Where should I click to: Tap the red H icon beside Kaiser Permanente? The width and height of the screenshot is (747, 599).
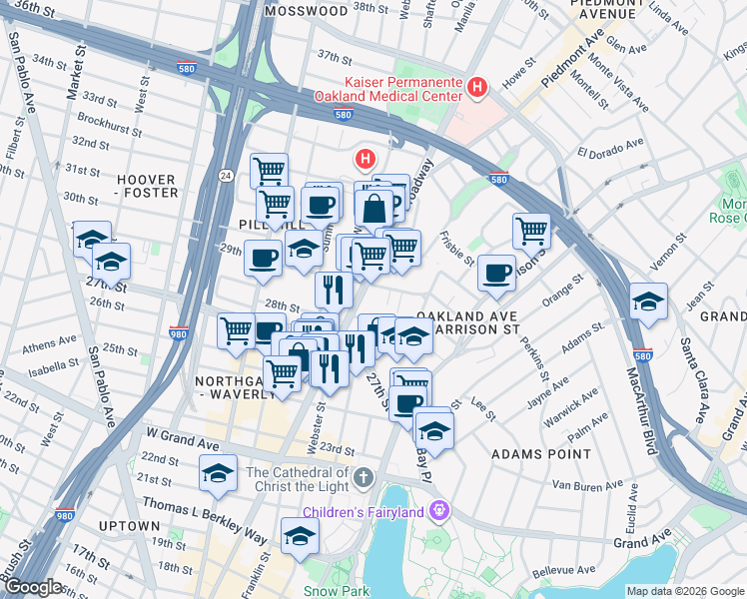tap(477, 89)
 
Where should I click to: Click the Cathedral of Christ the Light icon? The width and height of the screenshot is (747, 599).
tap(363, 478)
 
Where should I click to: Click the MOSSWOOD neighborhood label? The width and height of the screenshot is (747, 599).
tap(308, 11)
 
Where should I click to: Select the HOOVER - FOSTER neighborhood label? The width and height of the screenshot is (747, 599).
tap(147, 186)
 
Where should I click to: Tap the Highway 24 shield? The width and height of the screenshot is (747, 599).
tap(227, 175)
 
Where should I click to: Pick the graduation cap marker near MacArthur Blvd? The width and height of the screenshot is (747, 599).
tap(648, 303)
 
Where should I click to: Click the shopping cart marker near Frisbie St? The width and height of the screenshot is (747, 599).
tap(531, 231)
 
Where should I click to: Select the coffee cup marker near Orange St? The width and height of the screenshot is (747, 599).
tap(496, 273)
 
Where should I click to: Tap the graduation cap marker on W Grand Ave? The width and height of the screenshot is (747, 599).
tap(217, 474)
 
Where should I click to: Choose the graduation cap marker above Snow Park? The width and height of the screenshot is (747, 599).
tap(300, 536)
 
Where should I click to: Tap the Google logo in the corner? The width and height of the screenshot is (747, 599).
tap(32, 587)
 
